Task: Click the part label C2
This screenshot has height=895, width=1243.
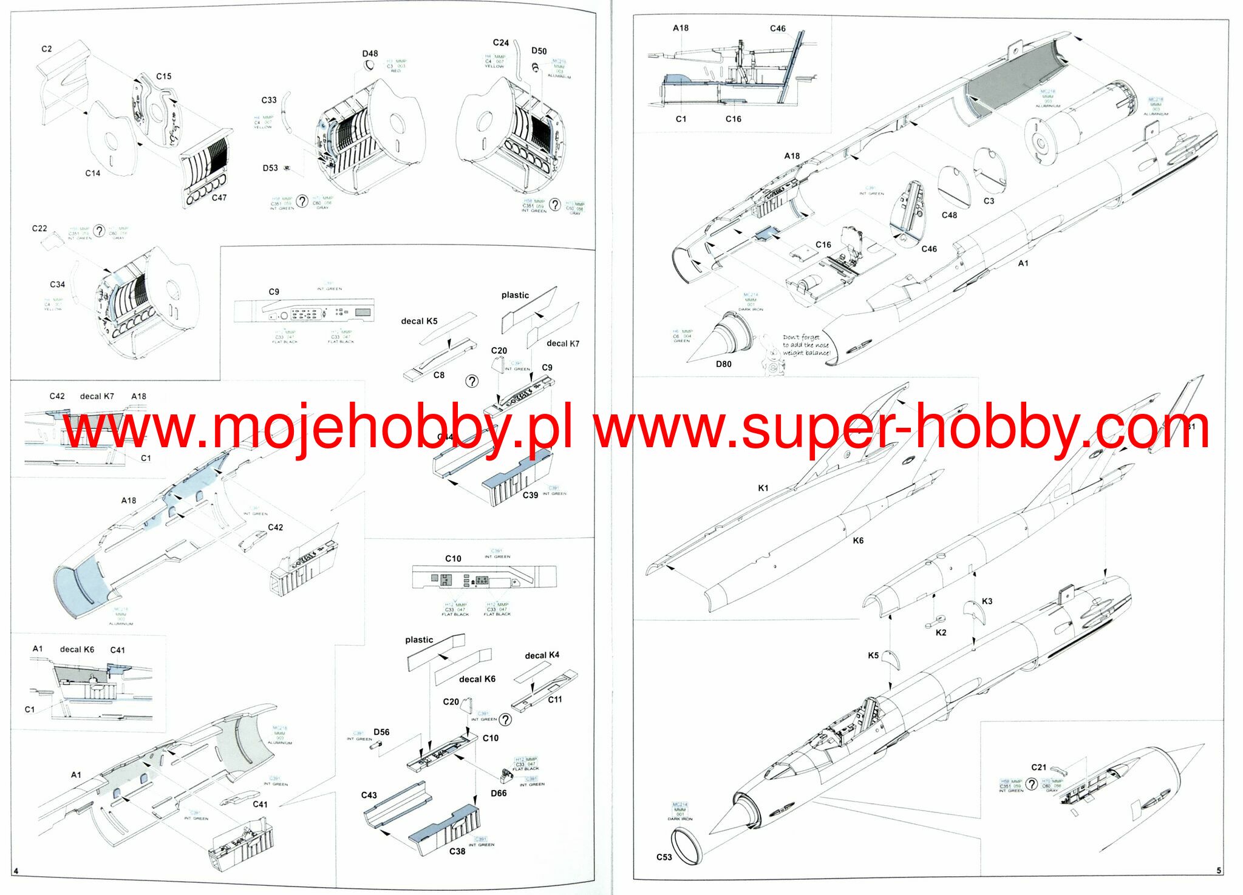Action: pos(47,49)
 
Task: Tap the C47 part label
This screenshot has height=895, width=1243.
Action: pos(219,198)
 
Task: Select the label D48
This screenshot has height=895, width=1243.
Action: pos(370,53)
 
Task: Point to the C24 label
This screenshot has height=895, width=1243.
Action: pos(500,42)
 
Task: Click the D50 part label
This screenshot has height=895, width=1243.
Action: pos(539,52)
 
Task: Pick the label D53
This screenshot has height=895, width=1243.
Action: pos(270,168)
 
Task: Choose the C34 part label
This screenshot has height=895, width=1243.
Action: pos(57,285)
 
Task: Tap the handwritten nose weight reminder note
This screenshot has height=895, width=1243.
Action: pos(806,345)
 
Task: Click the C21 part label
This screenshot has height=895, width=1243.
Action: pos(1038,768)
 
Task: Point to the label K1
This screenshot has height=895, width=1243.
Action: pos(763,488)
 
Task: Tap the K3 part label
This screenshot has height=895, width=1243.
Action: pos(987,601)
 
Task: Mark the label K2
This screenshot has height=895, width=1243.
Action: pos(941,632)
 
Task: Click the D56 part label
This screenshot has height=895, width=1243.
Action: pos(381,732)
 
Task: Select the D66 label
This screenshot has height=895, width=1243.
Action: pos(499,793)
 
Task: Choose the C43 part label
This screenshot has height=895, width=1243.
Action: pos(369,795)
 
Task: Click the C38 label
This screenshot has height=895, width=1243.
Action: pos(457,851)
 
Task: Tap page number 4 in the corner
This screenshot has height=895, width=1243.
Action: pos(16,871)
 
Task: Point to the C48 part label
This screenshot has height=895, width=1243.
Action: pos(949,215)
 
